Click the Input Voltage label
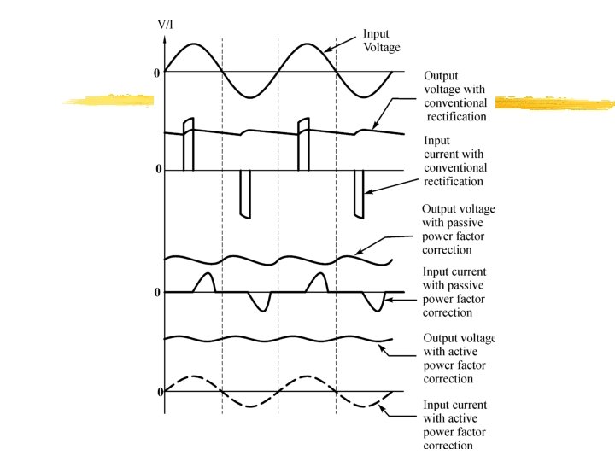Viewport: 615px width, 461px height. click(x=381, y=40)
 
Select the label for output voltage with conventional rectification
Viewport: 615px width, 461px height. click(x=455, y=96)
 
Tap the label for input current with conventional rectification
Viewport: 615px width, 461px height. click(x=455, y=161)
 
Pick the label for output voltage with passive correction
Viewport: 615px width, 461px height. click(x=459, y=230)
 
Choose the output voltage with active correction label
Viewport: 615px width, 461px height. click(x=460, y=359)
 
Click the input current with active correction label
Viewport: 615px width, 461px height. click(x=455, y=424)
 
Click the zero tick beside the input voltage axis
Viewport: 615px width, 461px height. click(x=156, y=73)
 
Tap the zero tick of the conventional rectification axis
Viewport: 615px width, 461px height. click(x=158, y=170)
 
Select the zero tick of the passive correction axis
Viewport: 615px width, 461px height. click(x=157, y=293)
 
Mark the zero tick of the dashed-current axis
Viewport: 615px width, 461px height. click(x=160, y=392)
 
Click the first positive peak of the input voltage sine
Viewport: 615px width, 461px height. click(x=194, y=44)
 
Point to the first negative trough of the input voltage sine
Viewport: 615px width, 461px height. click(x=250, y=97)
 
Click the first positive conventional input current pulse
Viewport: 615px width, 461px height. click(x=189, y=144)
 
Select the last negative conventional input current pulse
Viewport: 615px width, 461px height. click(x=360, y=195)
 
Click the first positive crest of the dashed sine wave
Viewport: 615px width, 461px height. click(x=194, y=376)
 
